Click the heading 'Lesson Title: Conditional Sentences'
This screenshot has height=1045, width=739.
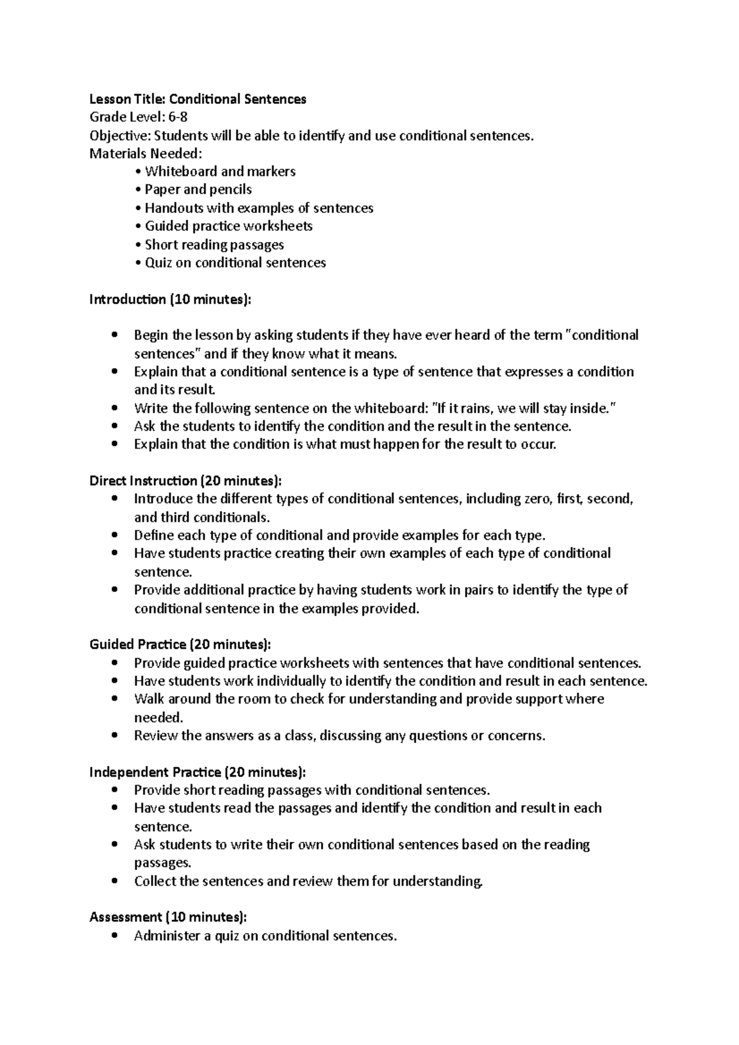(x=198, y=99)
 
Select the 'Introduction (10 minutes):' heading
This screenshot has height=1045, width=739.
(x=171, y=299)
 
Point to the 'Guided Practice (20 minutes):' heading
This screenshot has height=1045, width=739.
(x=180, y=644)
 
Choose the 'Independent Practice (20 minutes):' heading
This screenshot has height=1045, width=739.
(x=197, y=772)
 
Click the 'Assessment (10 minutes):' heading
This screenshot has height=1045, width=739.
(x=168, y=917)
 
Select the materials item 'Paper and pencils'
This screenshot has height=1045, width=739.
(x=198, y=190)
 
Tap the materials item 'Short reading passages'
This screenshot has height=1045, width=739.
(x=214, y=244)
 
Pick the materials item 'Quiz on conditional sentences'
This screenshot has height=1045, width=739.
(x=235, y=263)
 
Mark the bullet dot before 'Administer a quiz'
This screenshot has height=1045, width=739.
(x=115, y=935)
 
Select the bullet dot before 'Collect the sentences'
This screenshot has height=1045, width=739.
(x=115, y=881)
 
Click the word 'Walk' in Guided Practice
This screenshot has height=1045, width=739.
(x=149, y=699)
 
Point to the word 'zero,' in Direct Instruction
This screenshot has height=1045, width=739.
(x=535, y=498)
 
